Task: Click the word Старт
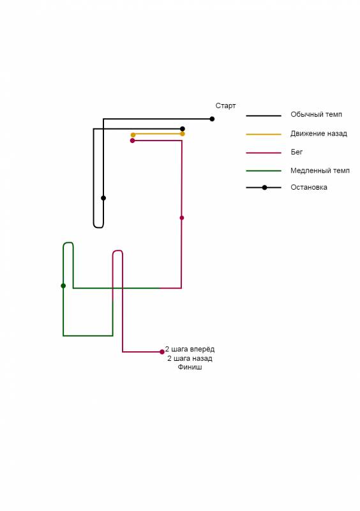[225, 105]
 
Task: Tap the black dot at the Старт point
[212, 119]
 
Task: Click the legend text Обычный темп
[317, 114]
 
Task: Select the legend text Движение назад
[319, 133]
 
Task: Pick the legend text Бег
[297, 152]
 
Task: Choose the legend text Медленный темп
[320, 171]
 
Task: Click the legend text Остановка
[309, 187]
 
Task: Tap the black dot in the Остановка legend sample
[264, 188]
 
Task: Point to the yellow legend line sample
[264, 134]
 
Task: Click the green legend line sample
[264, 171]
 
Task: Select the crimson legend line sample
[264, 153]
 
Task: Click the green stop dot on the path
[63, 286]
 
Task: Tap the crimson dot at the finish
[162, 352]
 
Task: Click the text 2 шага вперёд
[190, 349]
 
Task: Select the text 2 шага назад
[190, 358]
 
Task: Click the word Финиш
[190, 367]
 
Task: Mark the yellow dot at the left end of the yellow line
[133, 135]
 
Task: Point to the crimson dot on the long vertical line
[182, 218]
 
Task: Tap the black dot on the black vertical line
[103, 198]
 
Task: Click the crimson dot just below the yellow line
[132, 141]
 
